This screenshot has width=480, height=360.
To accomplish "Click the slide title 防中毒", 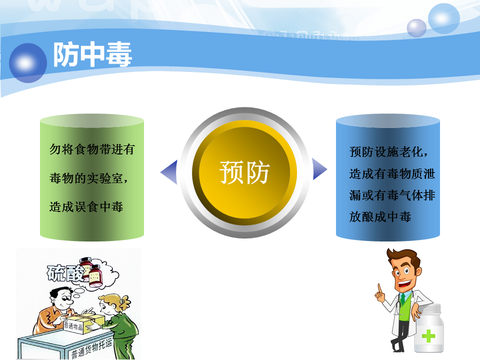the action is point(92,54).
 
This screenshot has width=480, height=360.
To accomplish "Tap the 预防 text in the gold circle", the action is point(244,172).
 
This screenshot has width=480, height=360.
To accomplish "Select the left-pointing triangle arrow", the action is point(169,171).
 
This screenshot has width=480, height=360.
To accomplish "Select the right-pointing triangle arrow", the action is point(319,169).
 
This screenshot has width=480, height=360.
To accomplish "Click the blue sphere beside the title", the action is point(28,63).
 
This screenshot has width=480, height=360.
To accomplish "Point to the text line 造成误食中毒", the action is point(86,207).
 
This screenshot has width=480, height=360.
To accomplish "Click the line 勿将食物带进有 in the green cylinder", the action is point(92,149).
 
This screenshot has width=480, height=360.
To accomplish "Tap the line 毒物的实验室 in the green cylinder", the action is point(88,178).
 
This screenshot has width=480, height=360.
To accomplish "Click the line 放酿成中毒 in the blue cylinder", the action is point(380,216).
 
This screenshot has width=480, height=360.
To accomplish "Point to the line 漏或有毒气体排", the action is point(392,195).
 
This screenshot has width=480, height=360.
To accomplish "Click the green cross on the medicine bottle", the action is point(428,336).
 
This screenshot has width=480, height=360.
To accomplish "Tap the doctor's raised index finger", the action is point(379,288).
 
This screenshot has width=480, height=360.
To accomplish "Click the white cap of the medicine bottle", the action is point(431,308).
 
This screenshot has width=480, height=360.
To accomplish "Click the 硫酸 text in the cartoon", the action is point(65,273).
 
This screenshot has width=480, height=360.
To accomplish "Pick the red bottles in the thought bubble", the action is point(91,272).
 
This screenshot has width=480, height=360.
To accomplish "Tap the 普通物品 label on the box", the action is point(73,325).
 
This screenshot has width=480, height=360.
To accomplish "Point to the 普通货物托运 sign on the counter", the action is point(92,348).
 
